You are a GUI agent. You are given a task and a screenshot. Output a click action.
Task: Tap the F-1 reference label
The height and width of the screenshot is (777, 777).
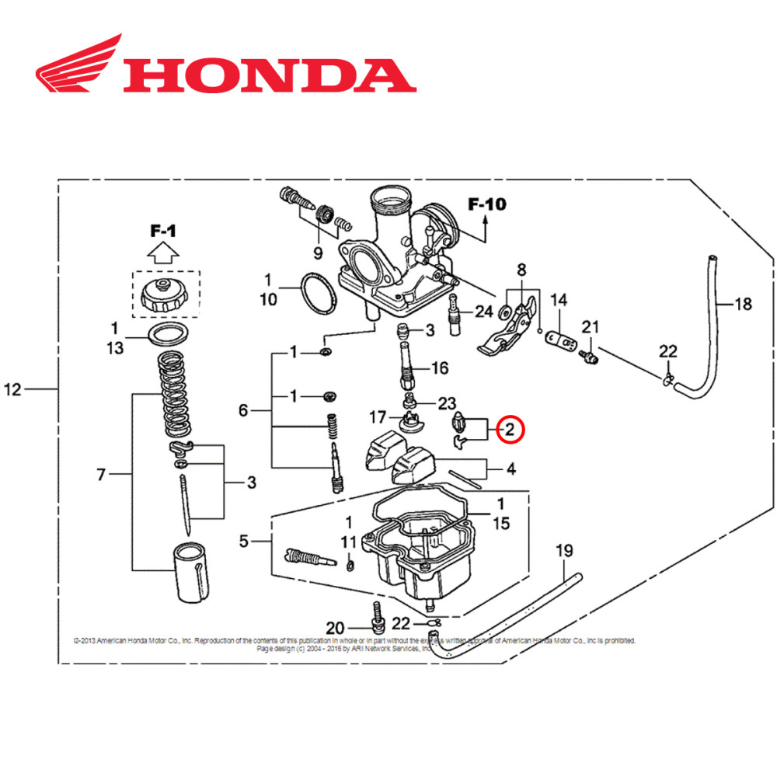pyautogui.click(x=164, y=231)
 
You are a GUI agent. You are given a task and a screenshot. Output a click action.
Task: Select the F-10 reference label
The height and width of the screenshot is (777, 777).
pyautogui.click(x=486, y=205)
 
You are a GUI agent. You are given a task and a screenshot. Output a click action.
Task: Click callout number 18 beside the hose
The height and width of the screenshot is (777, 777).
pyautogui.click(x=743, y=304)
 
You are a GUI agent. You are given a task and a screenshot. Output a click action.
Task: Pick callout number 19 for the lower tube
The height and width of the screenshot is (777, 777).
pyautogui.click(x=564, y=552)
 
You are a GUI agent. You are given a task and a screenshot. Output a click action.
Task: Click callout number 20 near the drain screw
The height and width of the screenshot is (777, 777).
pyautogui.click(x=335, y=628)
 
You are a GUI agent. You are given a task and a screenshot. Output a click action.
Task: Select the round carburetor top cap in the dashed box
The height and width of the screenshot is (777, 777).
pyautogui.click(x=164, y=295)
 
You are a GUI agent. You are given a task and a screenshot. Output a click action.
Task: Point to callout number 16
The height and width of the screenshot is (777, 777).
pyautogui.click(x=440, y=368)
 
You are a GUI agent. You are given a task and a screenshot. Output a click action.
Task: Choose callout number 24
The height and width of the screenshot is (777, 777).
pyautogui.click(x=483, y=312)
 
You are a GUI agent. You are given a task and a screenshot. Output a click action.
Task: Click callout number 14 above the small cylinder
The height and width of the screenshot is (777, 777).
pyautogui.click(x=559, y=299)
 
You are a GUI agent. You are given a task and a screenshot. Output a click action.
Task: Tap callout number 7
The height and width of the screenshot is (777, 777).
pyautogui.click(x=100, y=476)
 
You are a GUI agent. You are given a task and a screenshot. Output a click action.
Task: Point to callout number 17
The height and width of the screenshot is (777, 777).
pyautogui.click(x=378, y=417)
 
